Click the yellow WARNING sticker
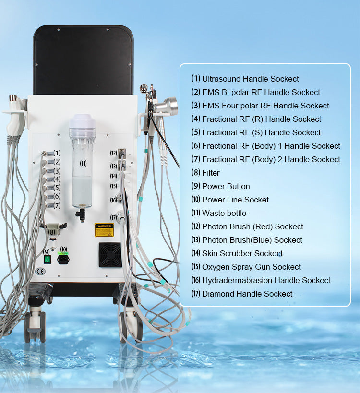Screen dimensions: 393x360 point(104,229)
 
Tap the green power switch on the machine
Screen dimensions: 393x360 point(48,259)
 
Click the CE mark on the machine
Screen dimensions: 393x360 point(41,272)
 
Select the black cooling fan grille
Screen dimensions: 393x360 point(110,255)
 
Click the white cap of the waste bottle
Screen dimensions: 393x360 point(83,122)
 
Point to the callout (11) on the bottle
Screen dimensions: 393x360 point(83,163)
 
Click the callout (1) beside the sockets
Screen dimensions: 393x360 point(57,153)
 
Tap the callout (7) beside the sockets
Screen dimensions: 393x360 point(57,205)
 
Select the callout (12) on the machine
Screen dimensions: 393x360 point(114,153)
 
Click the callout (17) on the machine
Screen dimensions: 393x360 point(113,217)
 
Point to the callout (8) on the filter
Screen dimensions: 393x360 point(51,232)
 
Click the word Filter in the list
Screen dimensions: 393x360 point(211,173)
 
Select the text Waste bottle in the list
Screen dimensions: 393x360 point(224,213)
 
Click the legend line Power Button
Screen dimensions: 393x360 point(226,186)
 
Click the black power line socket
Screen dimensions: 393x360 point(63,259)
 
